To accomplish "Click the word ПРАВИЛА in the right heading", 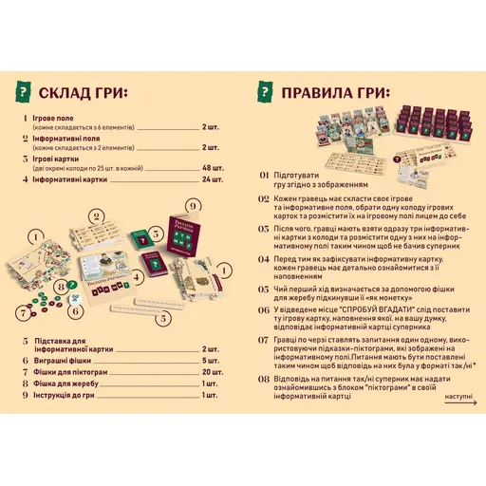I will click(x=327, y=93).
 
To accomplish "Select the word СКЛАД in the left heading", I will click(x=68, y=93).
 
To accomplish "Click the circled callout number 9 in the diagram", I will click(x=194, y=205).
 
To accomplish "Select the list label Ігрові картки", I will click(x=60, y=159).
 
